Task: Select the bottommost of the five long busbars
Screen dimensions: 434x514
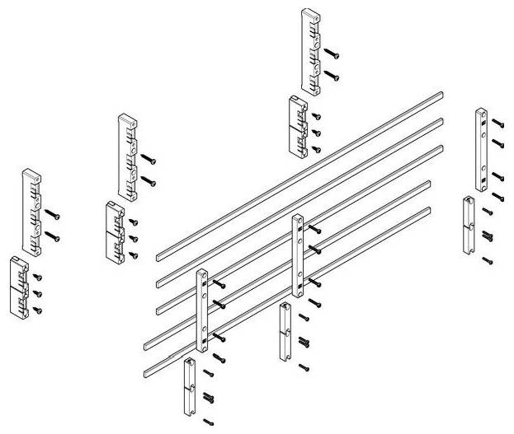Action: pyautogui.click(x=288, y=287)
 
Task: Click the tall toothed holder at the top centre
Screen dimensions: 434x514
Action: pyautogui.click(x=311, y=51)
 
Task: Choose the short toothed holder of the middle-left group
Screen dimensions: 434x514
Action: pyautogui.click(x=115, y=231)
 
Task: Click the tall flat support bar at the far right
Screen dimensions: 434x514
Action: pyautogui.click(x=480, y=147)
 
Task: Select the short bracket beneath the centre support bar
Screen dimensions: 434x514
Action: pyautogui.click(x=285, y=331)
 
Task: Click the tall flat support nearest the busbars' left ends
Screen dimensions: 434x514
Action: pyautogui.click(x=202, y=309)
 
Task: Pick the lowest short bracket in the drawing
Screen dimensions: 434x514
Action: pyautogui.click(x=190, y=387)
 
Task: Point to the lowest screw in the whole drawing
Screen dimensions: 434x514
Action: pyautogui.click(x=208, y=423)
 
